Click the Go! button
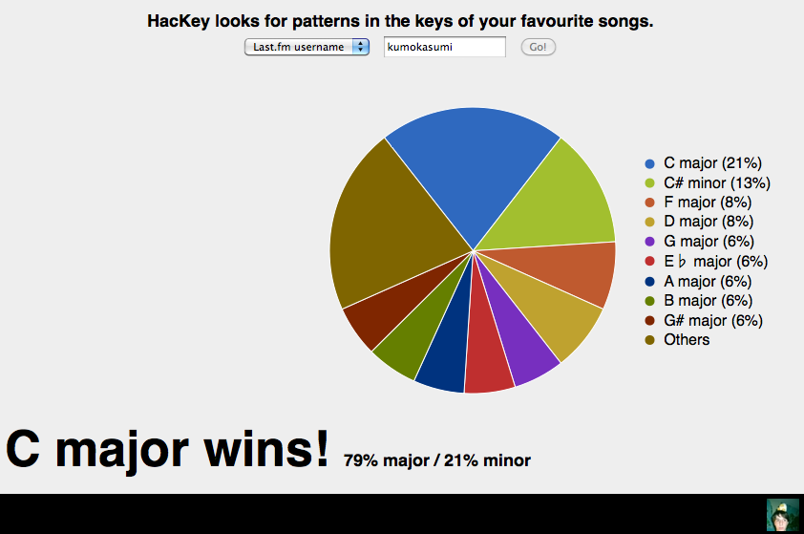point(538,47)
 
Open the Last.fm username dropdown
point(307,47)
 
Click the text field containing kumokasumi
point(445,47)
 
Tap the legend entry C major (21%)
point(704,163)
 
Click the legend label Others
point(687,339)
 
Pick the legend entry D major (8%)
point(699,222)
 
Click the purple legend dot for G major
point(650,242)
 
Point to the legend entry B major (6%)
point(699,301)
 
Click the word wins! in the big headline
point(266,449)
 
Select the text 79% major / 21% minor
point(437,460)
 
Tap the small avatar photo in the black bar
point(782,515)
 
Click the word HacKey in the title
point(179,21)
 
